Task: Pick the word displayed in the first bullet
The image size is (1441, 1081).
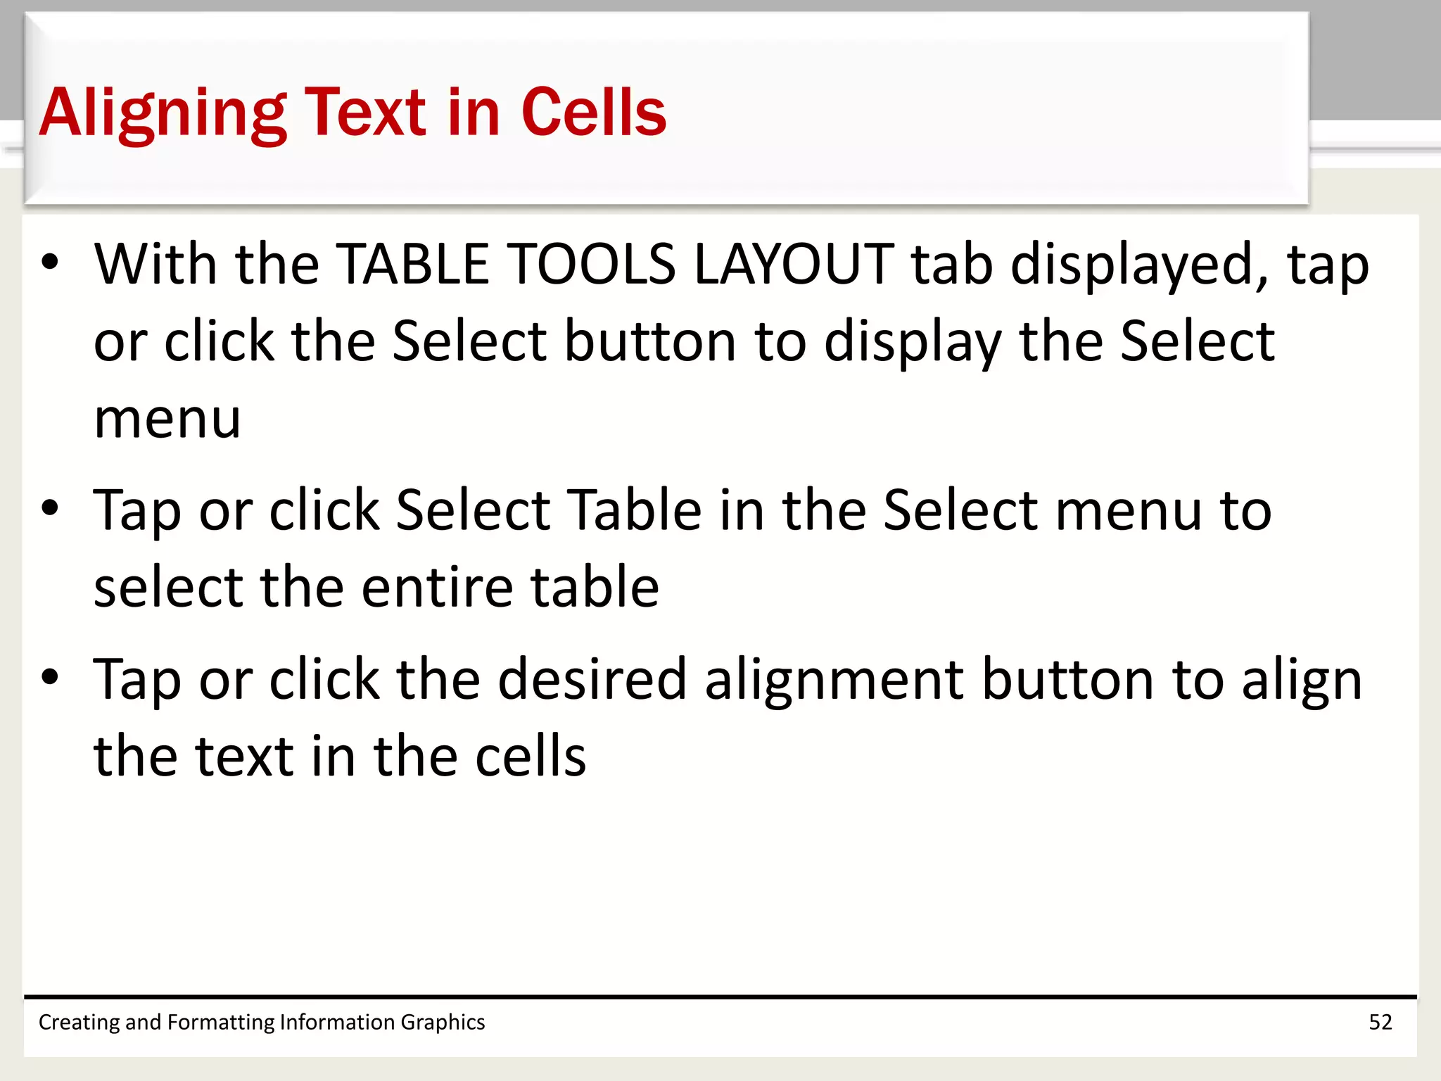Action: click(1140, 265)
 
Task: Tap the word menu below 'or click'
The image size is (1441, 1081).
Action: click(167, 420)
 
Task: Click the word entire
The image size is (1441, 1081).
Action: click(436, 588)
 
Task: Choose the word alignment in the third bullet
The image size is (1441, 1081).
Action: click(834, 681)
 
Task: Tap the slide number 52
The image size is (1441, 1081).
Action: click(1380, 1022)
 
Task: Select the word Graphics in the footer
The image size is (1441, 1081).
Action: click(443, 1022)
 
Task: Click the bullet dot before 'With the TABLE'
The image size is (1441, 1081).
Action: click(50, 262)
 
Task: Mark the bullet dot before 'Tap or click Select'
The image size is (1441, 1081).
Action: click(50, 508)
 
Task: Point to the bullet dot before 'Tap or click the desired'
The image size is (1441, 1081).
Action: click(50, 677)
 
